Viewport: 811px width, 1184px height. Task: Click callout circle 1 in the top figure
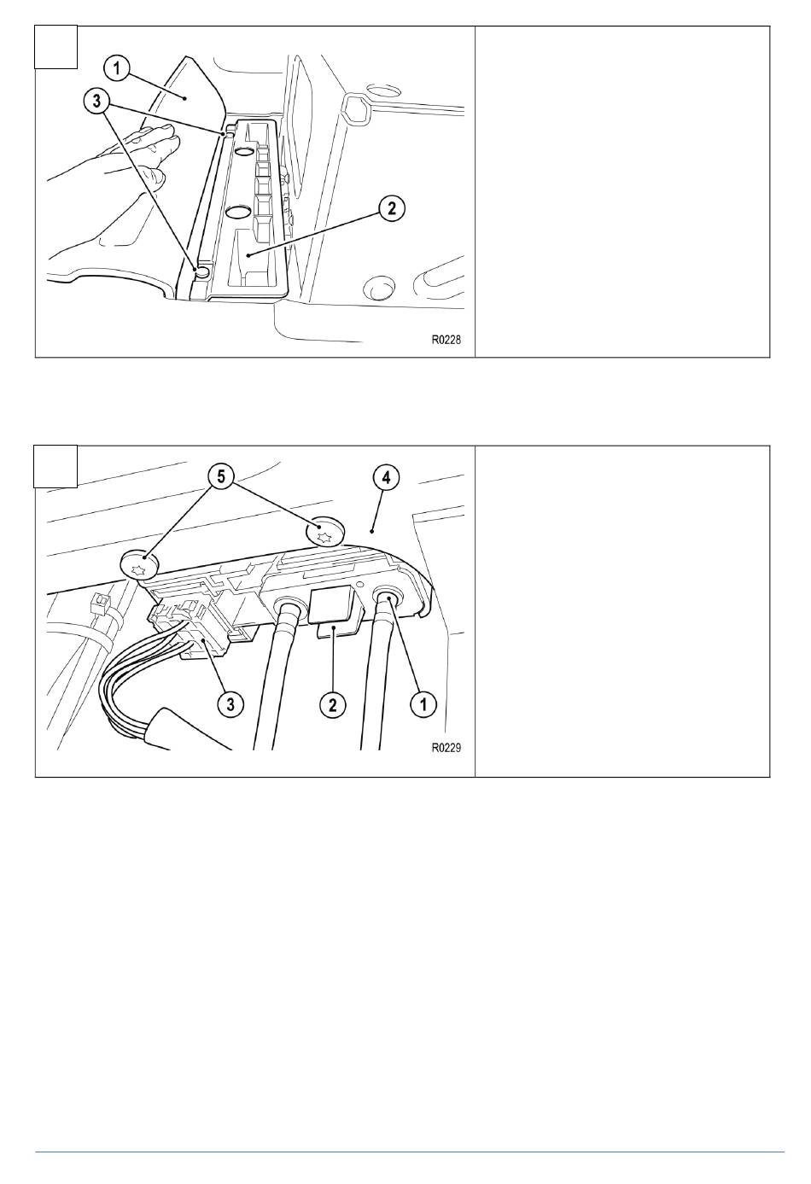[116, 69]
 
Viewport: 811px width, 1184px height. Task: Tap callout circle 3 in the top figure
[96, 101]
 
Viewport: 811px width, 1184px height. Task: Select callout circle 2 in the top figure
[392, 209]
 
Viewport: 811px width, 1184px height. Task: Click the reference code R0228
[446, 340]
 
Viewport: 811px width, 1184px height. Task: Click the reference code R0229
[446, 748]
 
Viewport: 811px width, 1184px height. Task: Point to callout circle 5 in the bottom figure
[221, 477]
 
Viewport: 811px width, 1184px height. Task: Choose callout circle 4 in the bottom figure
[387, 478]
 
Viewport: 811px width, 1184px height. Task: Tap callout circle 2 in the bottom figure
[333, 704]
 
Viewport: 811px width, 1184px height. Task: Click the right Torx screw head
[324, 532]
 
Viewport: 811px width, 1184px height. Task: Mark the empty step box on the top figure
[56, 47]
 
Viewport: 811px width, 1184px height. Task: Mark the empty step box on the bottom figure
[56, 466]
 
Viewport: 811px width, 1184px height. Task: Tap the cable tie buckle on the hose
[97, 601]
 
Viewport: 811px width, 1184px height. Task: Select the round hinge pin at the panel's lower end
[202, 271]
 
